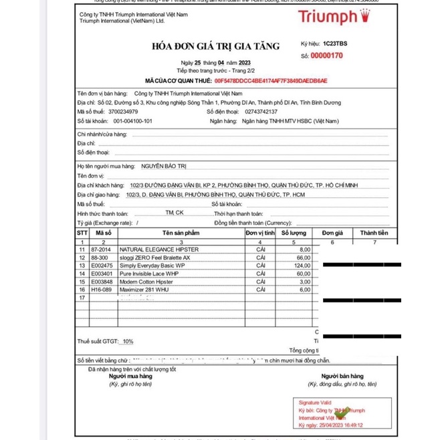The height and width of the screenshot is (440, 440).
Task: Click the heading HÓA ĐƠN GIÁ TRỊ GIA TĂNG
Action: click(215, 46)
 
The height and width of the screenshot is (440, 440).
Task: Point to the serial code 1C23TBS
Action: click(335, 43)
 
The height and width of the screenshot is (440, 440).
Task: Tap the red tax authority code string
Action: click(271, 80)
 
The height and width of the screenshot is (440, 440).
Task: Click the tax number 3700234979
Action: click(120, 112)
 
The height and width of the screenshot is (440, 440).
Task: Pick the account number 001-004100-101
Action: click(132, 121)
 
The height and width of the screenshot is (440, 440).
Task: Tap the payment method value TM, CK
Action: click(175, 212)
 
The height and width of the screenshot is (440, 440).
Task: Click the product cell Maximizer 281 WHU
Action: click(145, 290)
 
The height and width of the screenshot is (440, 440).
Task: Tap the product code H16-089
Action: click(101, 290)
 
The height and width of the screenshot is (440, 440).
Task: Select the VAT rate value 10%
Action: click(127, 342)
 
